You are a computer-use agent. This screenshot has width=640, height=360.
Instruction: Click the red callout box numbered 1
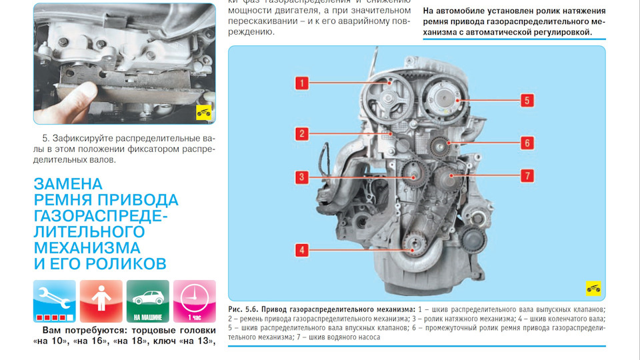coord(301,83)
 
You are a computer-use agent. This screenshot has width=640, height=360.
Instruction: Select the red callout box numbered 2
coord(301,133)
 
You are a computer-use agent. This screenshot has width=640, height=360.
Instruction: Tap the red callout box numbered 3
coord(301,177)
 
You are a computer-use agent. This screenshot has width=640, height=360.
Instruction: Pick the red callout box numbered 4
coord(301,250)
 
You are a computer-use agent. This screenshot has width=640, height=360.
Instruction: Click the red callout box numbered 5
coord(527,101)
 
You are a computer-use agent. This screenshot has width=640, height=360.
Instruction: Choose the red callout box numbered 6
coord(527,143)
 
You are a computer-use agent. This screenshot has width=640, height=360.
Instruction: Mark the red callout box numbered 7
coord(527,176)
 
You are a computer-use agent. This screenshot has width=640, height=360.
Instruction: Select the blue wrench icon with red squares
coord(55,301)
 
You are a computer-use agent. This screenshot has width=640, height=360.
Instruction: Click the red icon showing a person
coord(101,301)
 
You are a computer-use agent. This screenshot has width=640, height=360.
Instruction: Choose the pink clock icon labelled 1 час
coord(194,301)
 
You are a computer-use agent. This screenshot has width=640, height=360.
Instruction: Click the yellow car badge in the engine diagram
coord(593,288)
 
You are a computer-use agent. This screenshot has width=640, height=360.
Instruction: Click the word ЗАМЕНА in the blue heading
coord(69,184)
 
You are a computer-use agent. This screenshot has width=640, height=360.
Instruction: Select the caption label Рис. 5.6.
coord(243,310)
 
